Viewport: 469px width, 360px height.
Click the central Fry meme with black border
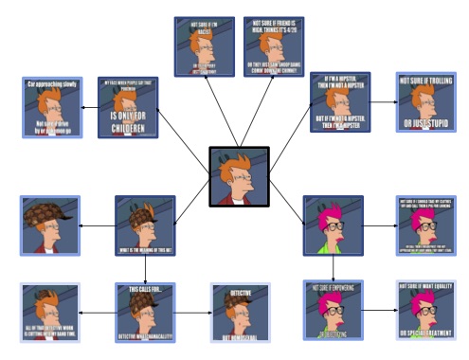pyautogui.click(x=239, y=176)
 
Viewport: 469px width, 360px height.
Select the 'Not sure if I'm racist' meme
pyautogui.click(x=204, y=46)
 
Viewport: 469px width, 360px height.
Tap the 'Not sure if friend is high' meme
pyautogui.click(x=273, y=46)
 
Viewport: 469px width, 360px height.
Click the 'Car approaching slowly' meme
pyautogui.click(x=50, y=107)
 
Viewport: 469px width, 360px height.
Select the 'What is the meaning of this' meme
pyautogui.click(x=145, y=225)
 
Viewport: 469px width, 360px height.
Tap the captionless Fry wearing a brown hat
pyautogui.click(x=50, y=225)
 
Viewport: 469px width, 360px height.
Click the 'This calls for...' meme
pyautogui.click(x=145, y=312)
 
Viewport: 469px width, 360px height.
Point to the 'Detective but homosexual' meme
pyautogui.click(x=238, y=312)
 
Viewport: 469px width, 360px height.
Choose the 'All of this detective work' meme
pyautogui.click(x=50, y=312)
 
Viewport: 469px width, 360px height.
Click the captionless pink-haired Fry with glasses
pyautogui.click(x=333, y=225)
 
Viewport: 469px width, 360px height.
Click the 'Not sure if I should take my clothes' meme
pyautogui.click(x=425, y=225)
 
